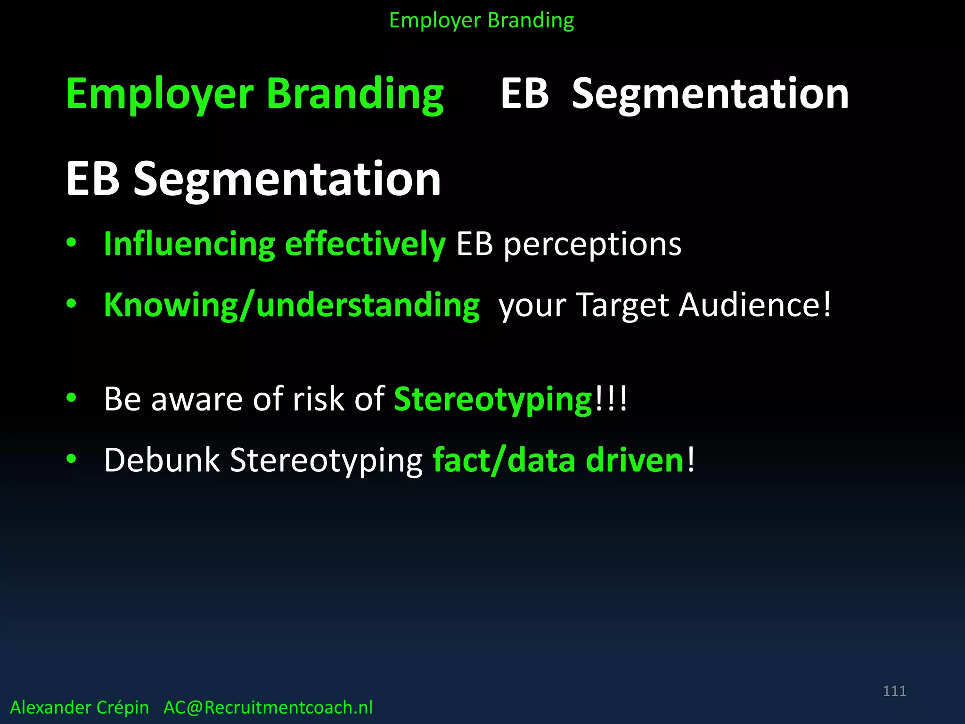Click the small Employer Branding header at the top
pos(482,21)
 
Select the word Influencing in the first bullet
pos(189,245)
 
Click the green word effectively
pos(365,245)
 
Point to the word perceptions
pos(592,245)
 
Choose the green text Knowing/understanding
pos(292,305)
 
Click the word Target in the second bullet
pos(622,305)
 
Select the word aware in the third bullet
pos(197,399)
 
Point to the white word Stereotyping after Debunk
pos(326,461)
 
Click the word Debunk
pos(162,461)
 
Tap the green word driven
pos(634,461)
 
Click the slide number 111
pos(894,691)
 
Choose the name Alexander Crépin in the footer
pos(80,708)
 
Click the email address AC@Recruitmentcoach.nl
pos(268,708)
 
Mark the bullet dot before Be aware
pos(71,398)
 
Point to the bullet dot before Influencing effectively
pos(71,243)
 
